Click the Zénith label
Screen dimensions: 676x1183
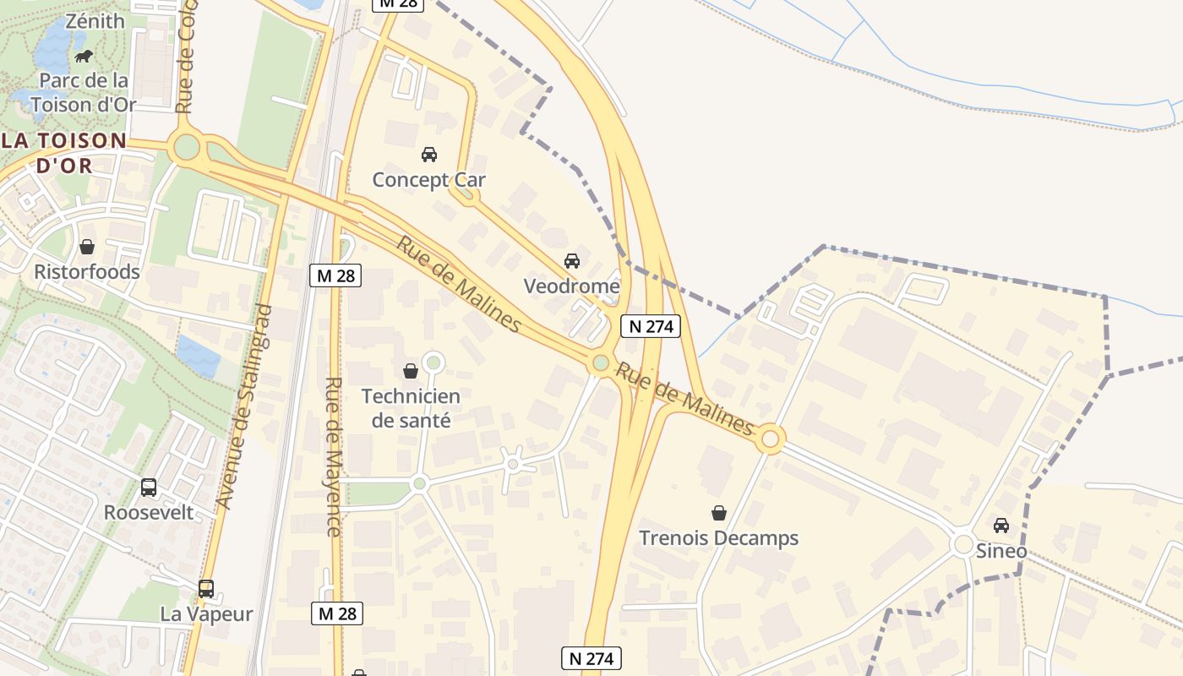click(95, 21)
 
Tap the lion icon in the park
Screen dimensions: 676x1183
click(84, 57)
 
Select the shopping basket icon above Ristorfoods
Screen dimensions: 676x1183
click(86, 247)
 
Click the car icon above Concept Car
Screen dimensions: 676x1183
click(429, 154)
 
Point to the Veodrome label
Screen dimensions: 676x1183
click(571, 286)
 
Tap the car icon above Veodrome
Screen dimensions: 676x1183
click(572, 260)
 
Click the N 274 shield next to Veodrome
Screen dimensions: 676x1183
click(651, 326)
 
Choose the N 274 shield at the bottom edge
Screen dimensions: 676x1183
click(591, 658)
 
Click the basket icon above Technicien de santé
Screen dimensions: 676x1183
click(411, 370)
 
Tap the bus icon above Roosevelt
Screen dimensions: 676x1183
click(149, 488)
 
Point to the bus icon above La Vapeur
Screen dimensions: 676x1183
click(206, 588)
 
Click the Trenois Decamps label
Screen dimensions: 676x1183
click(718, 538)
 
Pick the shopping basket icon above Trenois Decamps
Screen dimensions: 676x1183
click(719, 513)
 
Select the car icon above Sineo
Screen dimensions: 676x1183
click(1001, 526)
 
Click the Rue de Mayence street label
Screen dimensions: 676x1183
click(334, 456)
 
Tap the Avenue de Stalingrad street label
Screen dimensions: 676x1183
click(243, 406)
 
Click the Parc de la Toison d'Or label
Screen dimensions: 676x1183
click(83, 93)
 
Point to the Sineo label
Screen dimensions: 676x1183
click(1001, 552)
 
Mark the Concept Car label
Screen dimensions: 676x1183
click(429, 180)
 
